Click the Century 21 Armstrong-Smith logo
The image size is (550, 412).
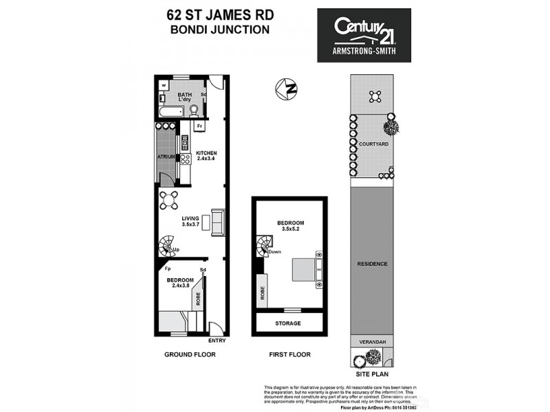[x=364, y=35]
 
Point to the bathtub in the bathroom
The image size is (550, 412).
[x=168, y=112]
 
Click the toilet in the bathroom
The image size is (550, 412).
[x=195, y=111]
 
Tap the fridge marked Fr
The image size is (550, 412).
[x=200, y=127]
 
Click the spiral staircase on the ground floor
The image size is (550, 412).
[x=167, y=245]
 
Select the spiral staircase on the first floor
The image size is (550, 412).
[x=265, y=246]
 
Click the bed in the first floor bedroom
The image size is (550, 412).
[x=306, y=268]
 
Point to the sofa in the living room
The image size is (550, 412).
[x=217, y=222]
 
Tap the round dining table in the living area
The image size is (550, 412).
[x=169, y=201]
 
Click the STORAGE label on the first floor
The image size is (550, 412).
[x=289, y=323]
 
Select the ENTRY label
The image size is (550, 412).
[x=217, y=340]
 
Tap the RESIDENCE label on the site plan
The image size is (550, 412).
[x=373, y=264]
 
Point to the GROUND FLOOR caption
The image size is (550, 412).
[x=190, y=355]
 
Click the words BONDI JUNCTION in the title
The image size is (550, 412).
[x=219, y=30]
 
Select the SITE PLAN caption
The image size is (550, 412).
[x=372, y=374]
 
